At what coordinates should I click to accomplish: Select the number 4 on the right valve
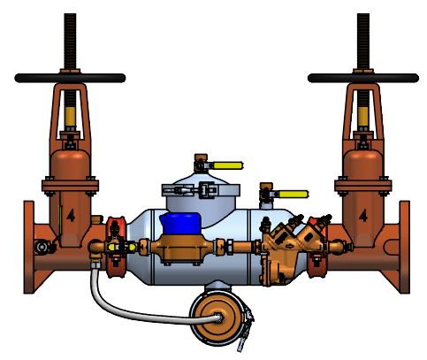362,215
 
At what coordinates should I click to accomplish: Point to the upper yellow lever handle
228,165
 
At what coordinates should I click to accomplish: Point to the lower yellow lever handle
292,194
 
